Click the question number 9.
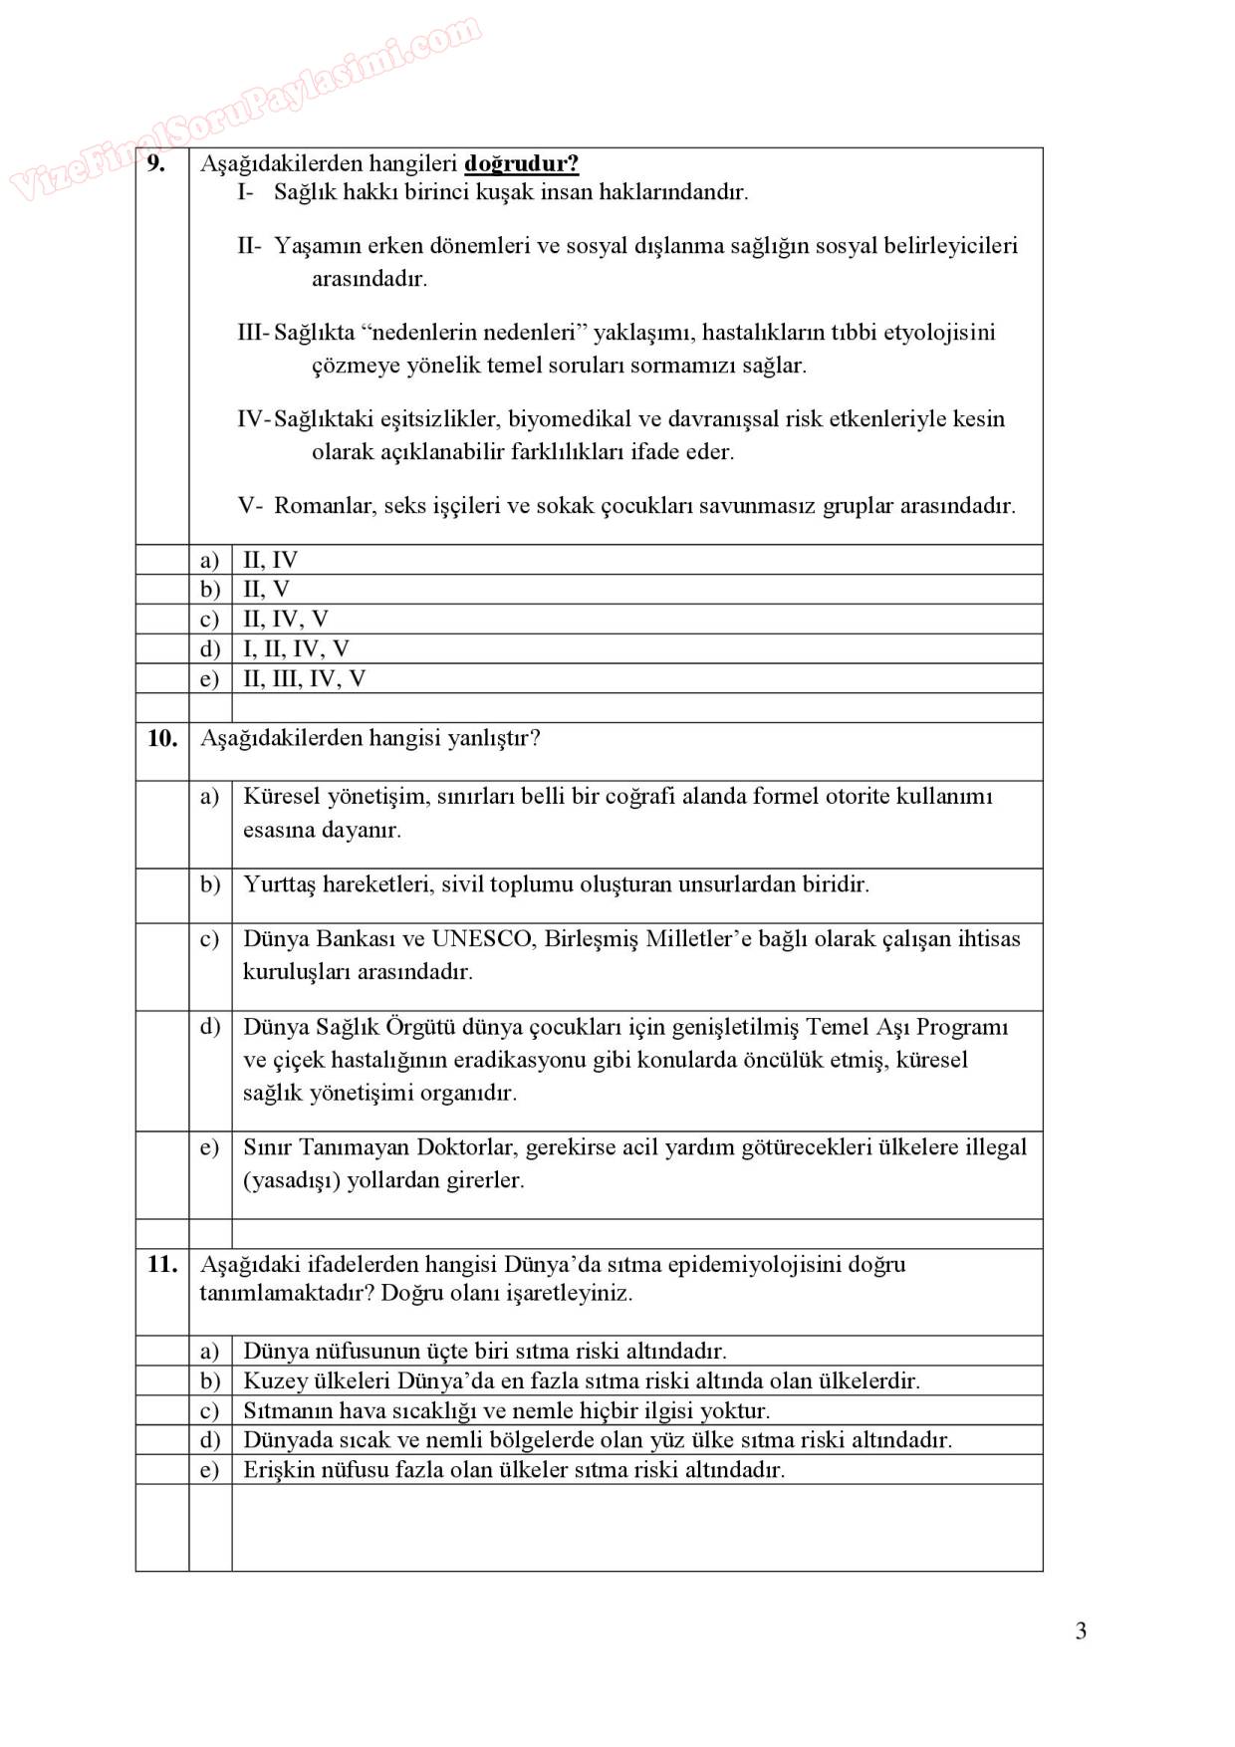click(156, 163)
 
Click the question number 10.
click(161, 738)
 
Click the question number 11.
click(161, 1264)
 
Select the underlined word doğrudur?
click(522, 163)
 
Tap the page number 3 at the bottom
click(1081, 1630)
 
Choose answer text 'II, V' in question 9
click(266, 589)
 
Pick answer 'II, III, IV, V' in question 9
click(304, 678)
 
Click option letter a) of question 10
click(209, 796)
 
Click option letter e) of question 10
click(209, 1147)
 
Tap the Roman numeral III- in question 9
click(253, 332)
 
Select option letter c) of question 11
click(209, 1410)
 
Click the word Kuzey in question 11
click(273, 1380)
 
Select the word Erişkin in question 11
click(279, 1469)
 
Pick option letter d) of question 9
click(209, 648)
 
